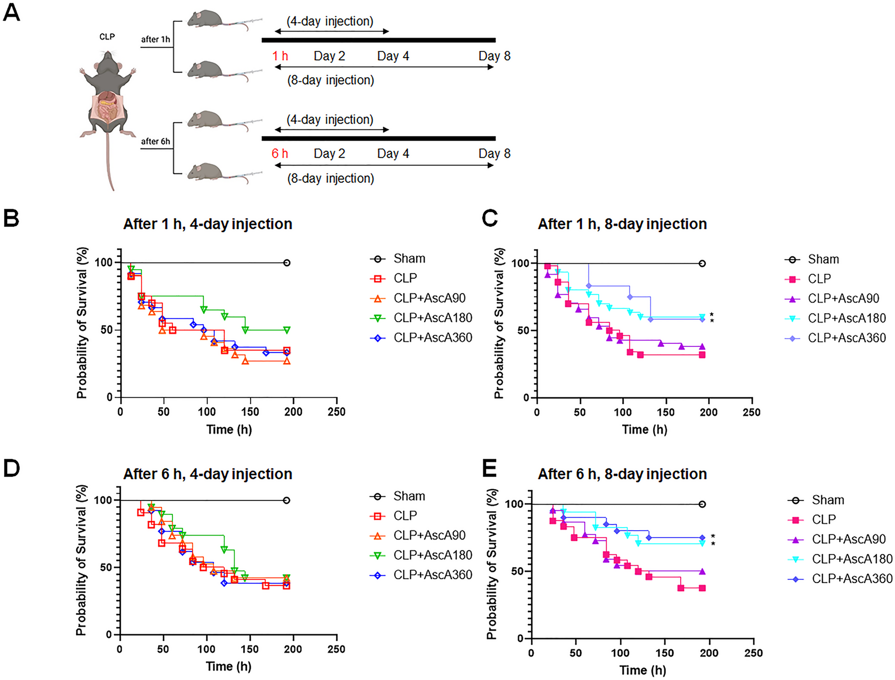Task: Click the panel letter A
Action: [x=12, y=12]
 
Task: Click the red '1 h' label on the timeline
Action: [x=280, y=56]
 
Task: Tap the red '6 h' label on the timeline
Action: [x=280, y=154]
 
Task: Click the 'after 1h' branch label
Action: [x=156, y=39]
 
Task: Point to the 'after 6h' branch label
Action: [x=156, y=141]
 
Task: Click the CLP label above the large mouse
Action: [x=107, y=37]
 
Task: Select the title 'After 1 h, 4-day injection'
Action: [x=208, y=224]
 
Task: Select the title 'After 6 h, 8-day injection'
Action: [x=622, y=474]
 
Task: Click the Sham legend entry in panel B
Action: [x=409, y=259]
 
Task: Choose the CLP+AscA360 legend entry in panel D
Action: [x=432, y=575]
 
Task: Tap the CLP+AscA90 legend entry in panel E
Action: [x=848, y=539]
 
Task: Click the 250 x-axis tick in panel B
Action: [x=337, y=412]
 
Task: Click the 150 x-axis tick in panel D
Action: [x=250, y=649]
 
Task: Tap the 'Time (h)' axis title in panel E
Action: [x=643, y=670]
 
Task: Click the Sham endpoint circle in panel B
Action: [x=287, y=263]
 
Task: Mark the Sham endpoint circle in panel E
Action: [x=702, y=504]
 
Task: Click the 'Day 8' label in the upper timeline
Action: [x=494, y=56]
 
